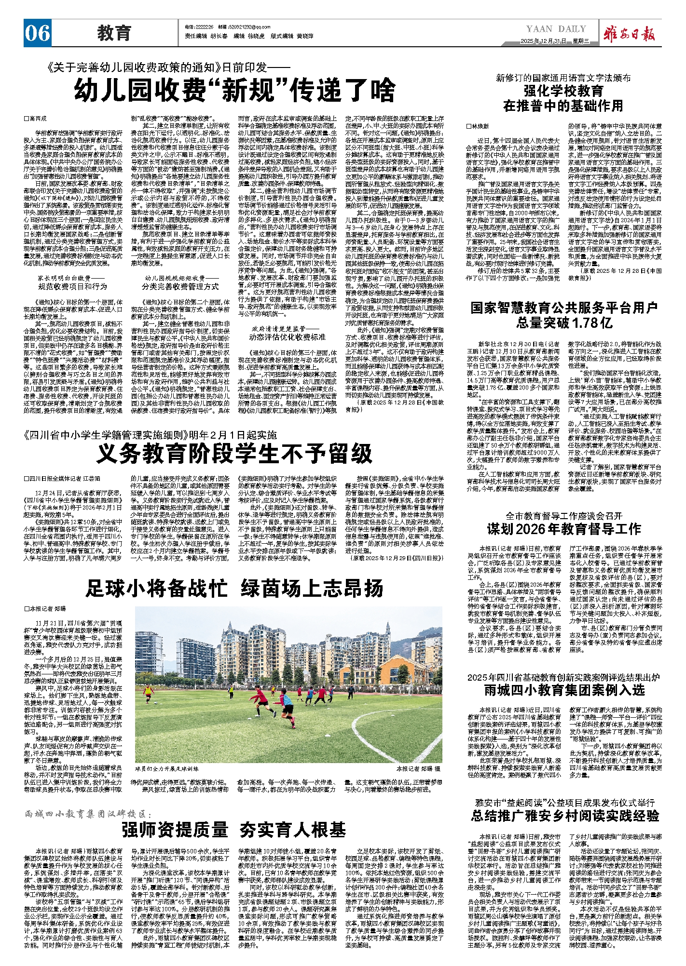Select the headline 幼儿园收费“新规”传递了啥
[x=234, y=90]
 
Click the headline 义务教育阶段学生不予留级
[x=234, y=453]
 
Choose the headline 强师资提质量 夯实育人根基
[x=234, y=830]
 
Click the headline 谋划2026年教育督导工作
[x=563, y=529]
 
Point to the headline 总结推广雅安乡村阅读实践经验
[x=564, y=816]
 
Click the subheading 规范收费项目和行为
[x=73, y=286]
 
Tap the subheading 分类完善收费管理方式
[x=180, y=286]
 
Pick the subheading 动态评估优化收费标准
[x=288, y=336]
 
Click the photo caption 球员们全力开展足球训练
[x=166, y=769]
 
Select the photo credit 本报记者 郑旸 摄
[x=418, y=769]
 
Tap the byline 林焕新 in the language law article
[x=480, y=126]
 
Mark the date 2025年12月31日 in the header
[x=543, y=41]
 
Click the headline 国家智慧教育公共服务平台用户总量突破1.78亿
[x=563, y=315]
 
